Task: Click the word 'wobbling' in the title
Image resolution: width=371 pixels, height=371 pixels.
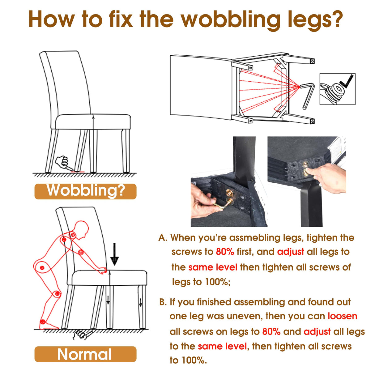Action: click(x=230, y=20)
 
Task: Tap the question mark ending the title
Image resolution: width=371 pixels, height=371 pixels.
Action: click(x=336, y=19)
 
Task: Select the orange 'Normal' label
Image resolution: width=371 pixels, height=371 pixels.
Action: click(x=85, y=354)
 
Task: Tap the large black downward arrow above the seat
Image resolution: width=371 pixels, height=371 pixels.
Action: click(x=115, y=254)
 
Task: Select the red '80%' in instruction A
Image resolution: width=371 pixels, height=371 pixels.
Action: click(x=225, y=252)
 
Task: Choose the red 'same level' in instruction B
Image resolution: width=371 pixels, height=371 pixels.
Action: click(x=222, y=346)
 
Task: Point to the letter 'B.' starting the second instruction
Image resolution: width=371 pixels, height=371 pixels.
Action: click(x=163, y=302)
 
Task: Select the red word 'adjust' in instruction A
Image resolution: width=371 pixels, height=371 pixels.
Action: click(x=291, y=252)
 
